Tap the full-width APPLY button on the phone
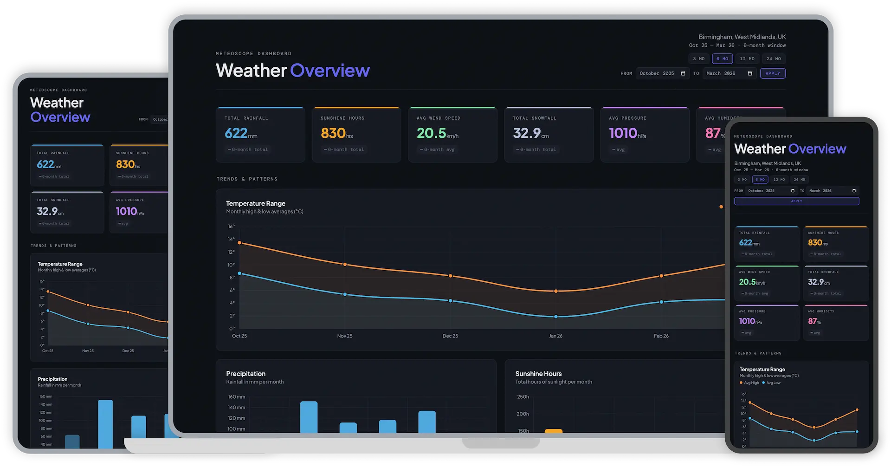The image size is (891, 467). tap(796, 201)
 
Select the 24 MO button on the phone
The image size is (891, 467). tap(799, 180)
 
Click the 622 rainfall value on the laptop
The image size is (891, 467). tap(236, 133)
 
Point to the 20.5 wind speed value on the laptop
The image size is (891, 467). tap(432, 133)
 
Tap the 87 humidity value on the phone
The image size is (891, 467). tap(812, 321)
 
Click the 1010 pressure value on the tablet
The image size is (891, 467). tap(126, 212)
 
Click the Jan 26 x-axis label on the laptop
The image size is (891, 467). tap(555, 336)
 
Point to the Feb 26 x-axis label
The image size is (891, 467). tap(661, 336)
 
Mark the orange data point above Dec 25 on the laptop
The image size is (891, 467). tap(450, 276)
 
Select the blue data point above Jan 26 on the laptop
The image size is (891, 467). tap(556, 317)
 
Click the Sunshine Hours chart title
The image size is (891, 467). tap(538, 374)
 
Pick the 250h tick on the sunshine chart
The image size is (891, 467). tap(523, 397)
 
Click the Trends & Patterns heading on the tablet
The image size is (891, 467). tap(53, 246)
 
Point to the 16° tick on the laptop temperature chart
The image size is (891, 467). tap(231, 227)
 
